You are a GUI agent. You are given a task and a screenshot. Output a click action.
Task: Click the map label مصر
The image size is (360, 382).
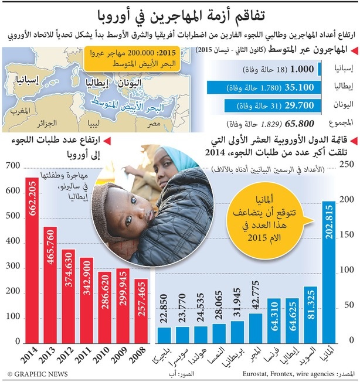154,124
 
